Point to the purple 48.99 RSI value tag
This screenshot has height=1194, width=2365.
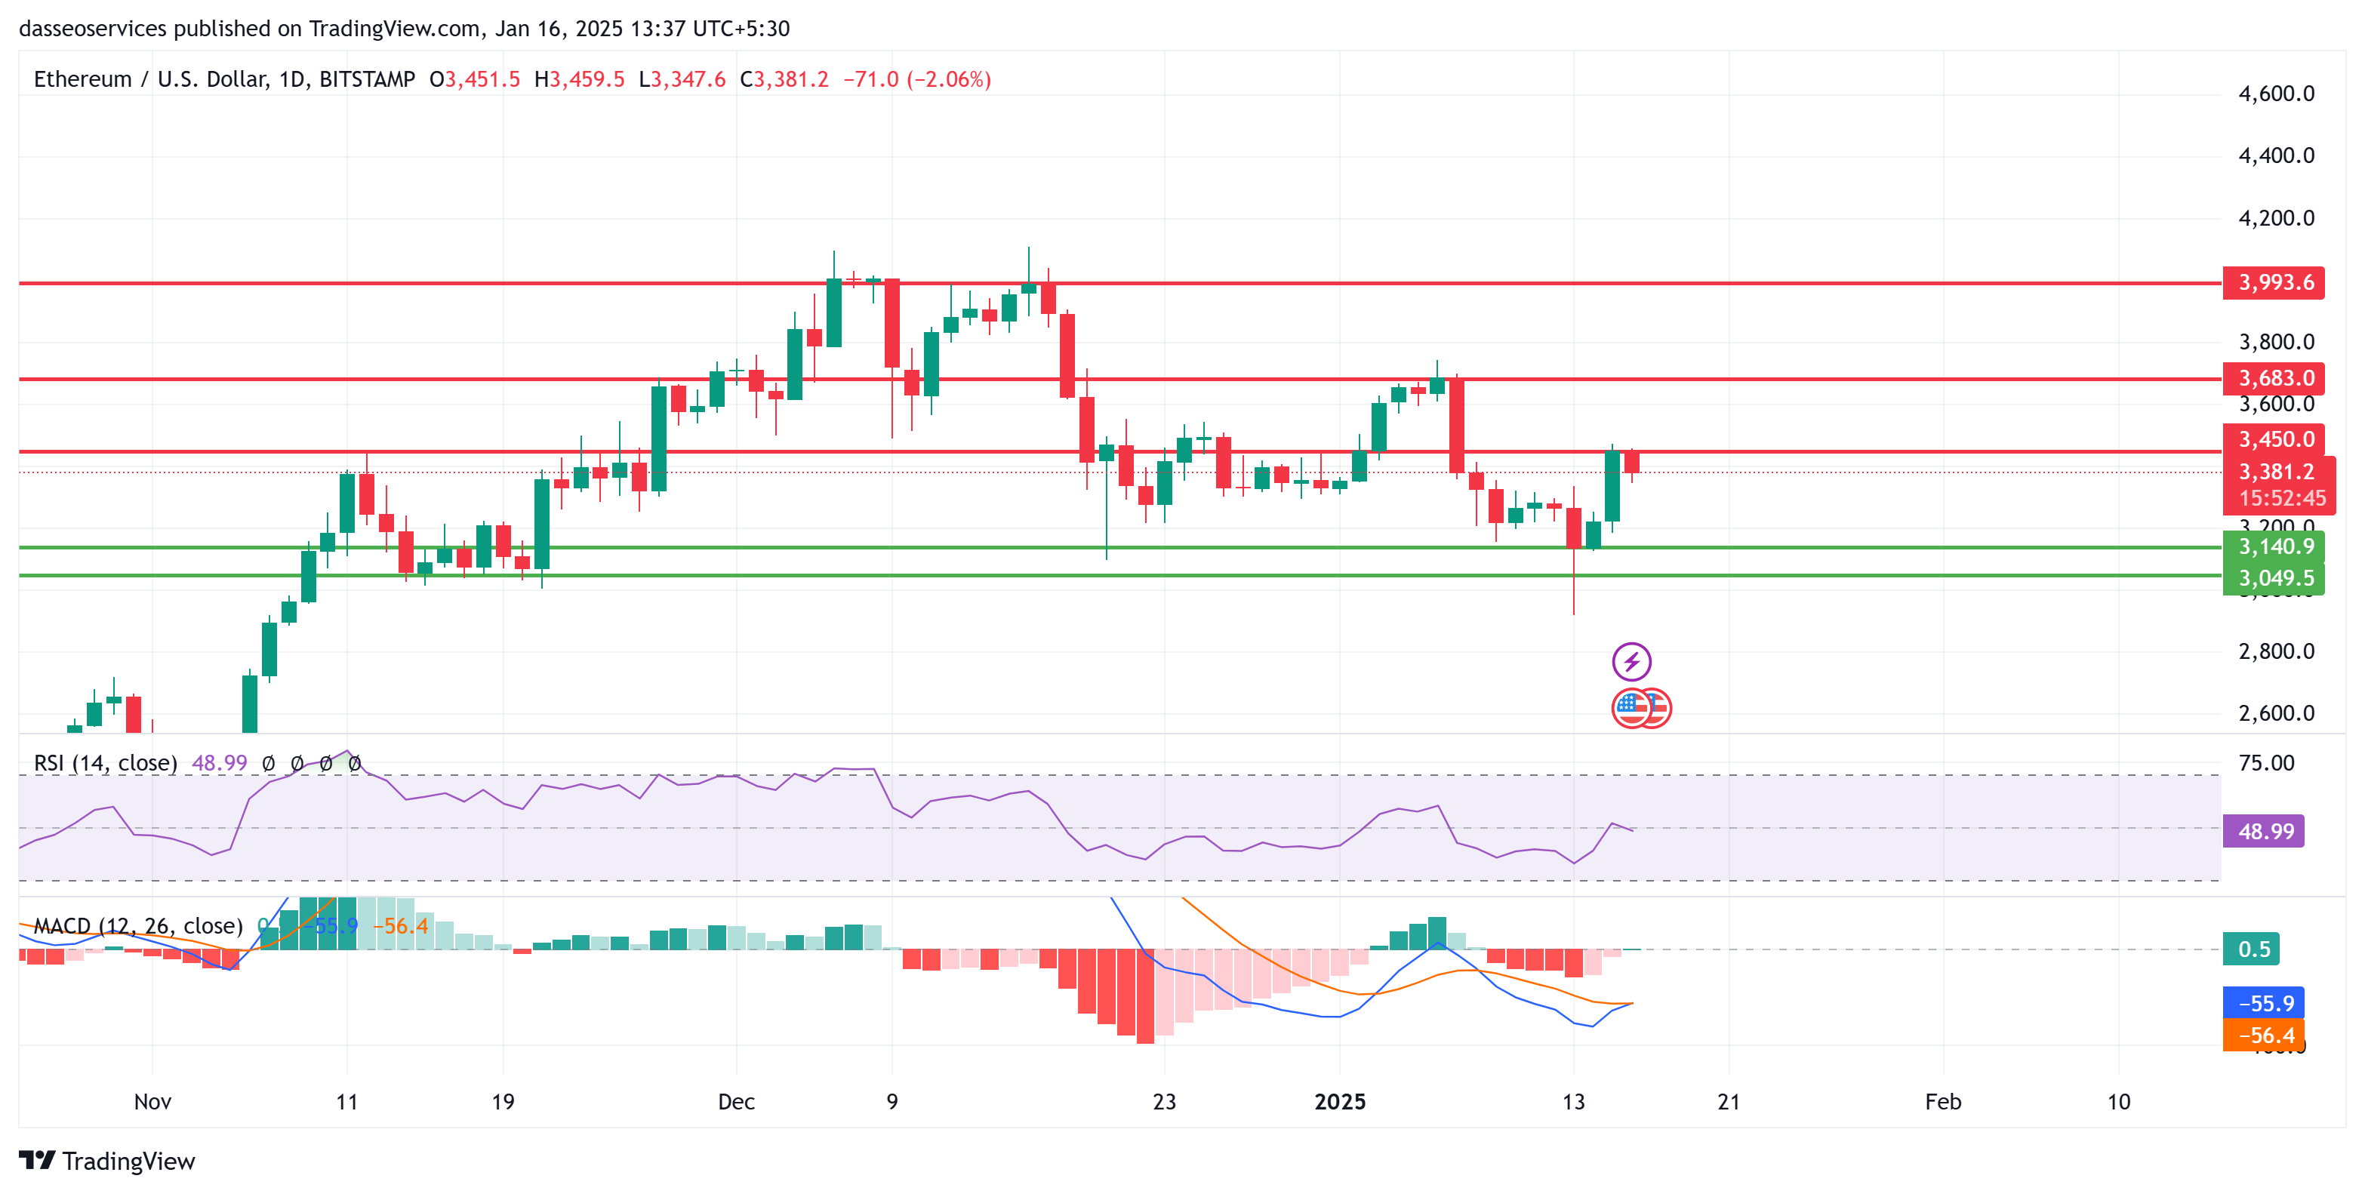point(2263,832)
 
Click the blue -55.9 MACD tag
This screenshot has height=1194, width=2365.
point(2263,1003)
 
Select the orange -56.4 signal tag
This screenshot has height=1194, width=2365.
point(2263,1036)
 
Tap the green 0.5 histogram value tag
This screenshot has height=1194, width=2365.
point(2251,949)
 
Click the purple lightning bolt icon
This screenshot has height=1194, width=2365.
point(1631,661)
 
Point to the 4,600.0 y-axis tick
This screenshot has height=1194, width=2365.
point(2276,94)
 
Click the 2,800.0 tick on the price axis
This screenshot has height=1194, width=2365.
point(2276,651)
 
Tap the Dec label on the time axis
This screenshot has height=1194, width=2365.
point(736,1101)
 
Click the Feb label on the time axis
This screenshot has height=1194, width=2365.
point(1943,1101)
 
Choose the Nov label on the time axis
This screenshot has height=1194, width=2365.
point(152,1101)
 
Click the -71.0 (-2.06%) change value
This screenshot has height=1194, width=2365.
point(916,80)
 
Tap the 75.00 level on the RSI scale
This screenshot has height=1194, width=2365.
point(2266,762)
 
